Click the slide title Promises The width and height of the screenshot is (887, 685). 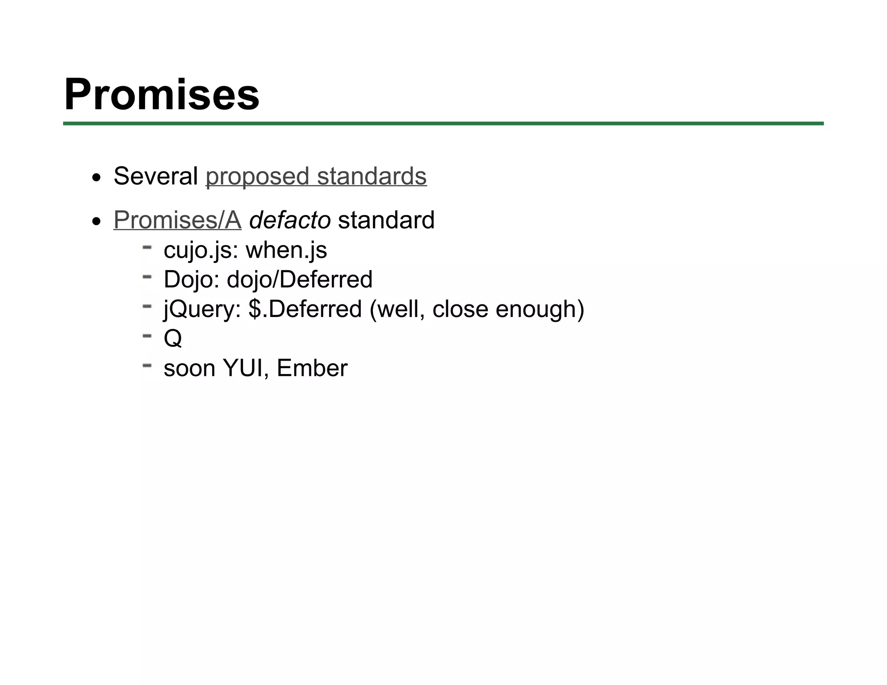click(162, 94)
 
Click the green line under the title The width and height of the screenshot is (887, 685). click(443, 124)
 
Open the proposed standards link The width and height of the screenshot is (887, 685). click(316, 176)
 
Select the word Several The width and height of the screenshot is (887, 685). click(155, 176)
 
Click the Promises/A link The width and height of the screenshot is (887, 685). click(177, 220)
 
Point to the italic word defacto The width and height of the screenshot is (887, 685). click(290, 220)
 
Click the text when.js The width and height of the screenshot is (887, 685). click(286, 250)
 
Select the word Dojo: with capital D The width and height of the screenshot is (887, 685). click(191, 279)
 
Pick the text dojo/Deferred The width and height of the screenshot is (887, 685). click(300, 279)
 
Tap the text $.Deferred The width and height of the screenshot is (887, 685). click(305, 309)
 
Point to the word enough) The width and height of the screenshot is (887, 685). click(540, 309)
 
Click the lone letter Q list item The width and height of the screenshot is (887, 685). click(172, 338)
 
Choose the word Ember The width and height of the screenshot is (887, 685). click(312, 368)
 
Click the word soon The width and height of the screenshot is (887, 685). click(189, 368)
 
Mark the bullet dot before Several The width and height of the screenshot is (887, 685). click(97, 178)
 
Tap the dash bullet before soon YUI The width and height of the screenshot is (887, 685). click(147, 365)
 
